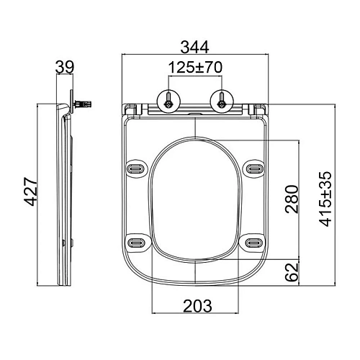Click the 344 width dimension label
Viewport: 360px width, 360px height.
[195, 48]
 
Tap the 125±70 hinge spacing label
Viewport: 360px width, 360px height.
[195, 68]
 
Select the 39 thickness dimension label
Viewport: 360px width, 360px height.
[65, 67]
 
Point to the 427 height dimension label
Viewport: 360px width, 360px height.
[31, 192]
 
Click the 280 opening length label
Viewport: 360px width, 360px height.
[292, 199]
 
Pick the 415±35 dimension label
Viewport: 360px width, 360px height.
[325, 199]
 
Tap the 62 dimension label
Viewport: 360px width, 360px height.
[292, 272]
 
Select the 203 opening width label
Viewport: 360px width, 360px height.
[198, 306]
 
